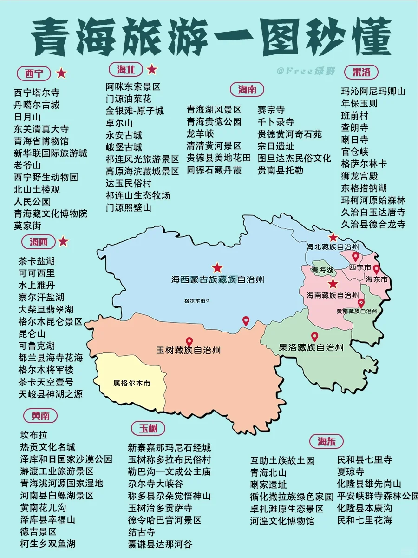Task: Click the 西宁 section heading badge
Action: click(x=34, y=73)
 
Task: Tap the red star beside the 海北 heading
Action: click(x=152, y=70)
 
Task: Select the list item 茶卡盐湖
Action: click(x=37, y=261)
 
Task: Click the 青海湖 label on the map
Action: click(x=322, y=270)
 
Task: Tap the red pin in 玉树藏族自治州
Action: click(x=189, y=342)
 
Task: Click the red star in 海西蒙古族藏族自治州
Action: click(x=217, y=268)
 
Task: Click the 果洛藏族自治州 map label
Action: click(x=311, y=347)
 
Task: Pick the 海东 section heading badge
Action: click(x=327, y=441)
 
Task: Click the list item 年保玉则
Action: click(x=359, y=103)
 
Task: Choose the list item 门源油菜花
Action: click(x=129, y=99)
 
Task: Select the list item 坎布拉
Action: click(x=33, y=435)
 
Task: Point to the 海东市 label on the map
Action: click(x=377, y=279)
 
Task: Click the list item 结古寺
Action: click(x=142, y=532)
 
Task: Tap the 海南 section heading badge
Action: click(x=247, y=89)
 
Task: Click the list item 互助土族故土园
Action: click(x=282, y=460)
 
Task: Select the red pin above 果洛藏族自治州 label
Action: click(x=314, y=337)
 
